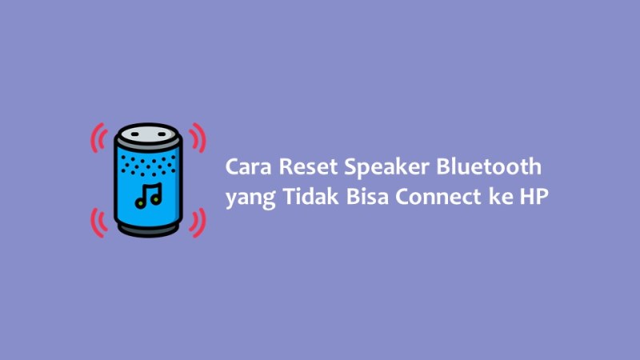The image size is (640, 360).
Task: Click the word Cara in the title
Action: (x=249, y=167)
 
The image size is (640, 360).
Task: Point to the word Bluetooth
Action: (x=489, y=166)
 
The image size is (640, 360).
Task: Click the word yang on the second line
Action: (x=250, y=198)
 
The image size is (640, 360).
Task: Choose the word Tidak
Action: (x=310, y=196)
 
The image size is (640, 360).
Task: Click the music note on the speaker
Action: (x=149, y=195)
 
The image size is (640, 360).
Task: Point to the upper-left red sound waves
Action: (x=98, y=138)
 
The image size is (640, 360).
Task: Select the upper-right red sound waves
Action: (x=198, y=138)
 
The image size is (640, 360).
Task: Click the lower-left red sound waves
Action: (x=98, y=223)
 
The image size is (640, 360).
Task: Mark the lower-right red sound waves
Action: (x=198, y=223)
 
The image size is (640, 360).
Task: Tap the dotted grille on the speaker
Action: (x=149, y=165)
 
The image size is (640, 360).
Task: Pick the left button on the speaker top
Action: (x=134, y=134)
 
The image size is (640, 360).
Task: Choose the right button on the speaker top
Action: (x=162, y=134)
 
